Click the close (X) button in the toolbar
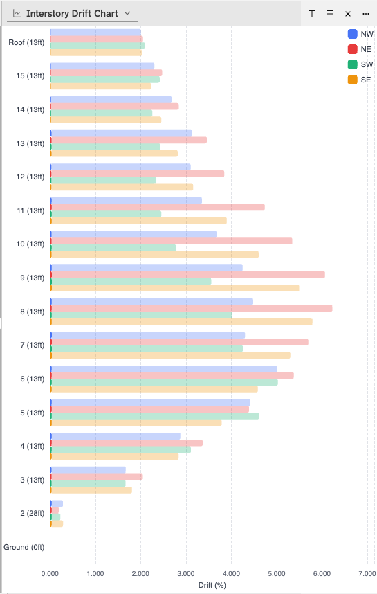(348, 14)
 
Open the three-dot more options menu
(366, 14)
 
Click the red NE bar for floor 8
(191, 308)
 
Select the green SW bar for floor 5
(154, 416)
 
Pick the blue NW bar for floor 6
(163, 369)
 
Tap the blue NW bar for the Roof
(95, 33)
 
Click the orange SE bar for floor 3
(91, 490)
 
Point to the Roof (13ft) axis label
(26, 43)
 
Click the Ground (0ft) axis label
(25, 547)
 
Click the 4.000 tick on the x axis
(231, 573)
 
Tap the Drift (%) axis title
(211, 586)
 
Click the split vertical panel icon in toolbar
(312, 14)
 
